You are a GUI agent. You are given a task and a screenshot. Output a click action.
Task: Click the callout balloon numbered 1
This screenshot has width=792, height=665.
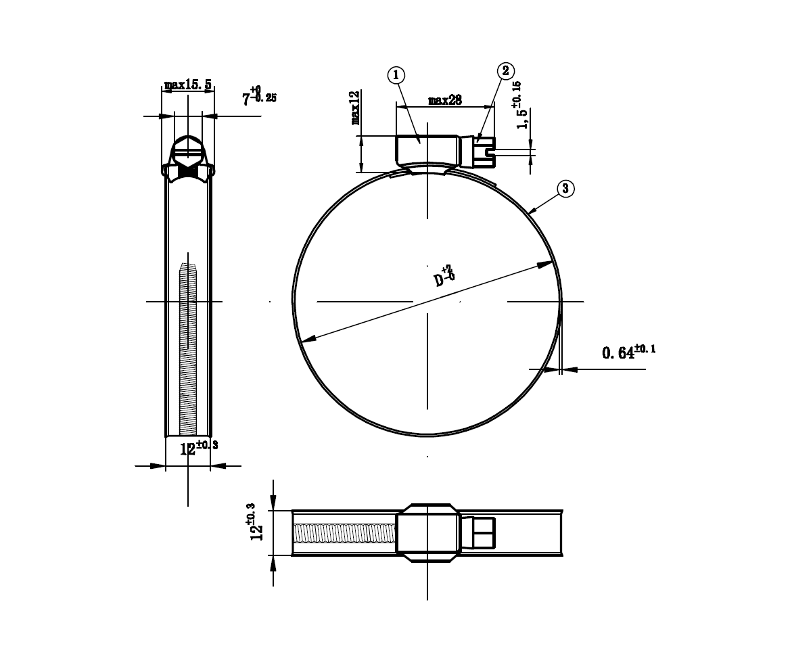click(x=397, y=75)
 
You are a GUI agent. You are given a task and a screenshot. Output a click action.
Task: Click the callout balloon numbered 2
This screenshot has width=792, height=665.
click(x=506, y=71)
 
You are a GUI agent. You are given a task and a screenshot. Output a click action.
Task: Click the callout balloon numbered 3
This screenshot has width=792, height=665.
click(x=565, y=188)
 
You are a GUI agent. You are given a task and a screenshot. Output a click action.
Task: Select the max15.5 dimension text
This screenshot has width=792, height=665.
click(x=188, y=85)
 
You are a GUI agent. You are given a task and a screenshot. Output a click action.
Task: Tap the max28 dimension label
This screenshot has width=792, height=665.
click(x=445, y=100)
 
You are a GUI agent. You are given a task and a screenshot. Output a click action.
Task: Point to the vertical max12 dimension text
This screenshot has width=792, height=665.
click(x=356, y=108)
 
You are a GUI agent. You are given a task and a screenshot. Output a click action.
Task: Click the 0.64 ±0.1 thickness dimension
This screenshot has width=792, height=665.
click(x=628, y=352)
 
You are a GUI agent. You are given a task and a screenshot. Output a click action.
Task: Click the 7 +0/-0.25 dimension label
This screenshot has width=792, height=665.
click(x=259, y=97)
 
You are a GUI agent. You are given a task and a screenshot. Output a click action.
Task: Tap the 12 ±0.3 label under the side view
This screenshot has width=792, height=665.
click(x=197, y=448)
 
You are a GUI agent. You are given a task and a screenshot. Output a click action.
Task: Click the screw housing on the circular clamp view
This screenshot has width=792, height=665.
click(x=427, y=150)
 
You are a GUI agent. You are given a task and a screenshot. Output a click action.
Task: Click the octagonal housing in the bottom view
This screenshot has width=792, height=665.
click(x=427, y=533)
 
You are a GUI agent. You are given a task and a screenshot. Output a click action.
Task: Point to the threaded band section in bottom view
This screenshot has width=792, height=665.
click(x=345, y=533)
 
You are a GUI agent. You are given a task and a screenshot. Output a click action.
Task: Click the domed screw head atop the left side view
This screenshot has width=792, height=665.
click(x=187, y=149)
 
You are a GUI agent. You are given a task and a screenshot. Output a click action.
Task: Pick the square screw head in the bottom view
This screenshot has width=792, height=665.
click(x=483, y=532)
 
